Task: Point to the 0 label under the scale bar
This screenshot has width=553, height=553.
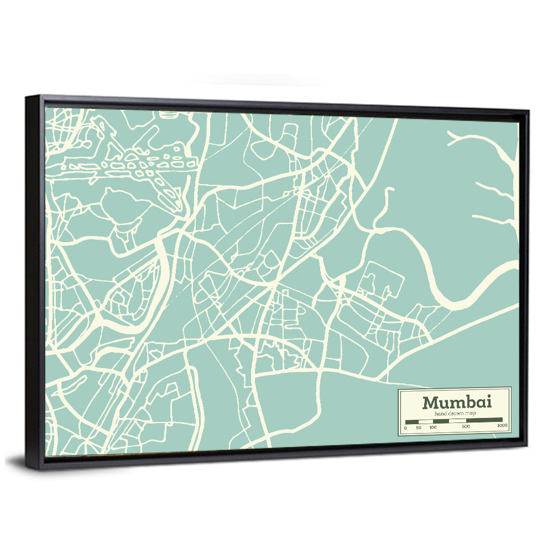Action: tap(405, 427)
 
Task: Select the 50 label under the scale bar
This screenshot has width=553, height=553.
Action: tap(419, 427)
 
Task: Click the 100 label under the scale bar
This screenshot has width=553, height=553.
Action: tap(432, 427)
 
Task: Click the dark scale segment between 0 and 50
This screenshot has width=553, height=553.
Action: tap(412, 421)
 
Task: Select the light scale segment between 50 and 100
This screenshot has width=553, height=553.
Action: tap(425, 421)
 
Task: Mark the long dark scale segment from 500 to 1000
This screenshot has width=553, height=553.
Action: tap(484, 420)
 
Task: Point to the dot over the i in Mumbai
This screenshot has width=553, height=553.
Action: tap(488, 397)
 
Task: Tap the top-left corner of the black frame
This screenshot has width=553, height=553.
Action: tap(27, 97)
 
